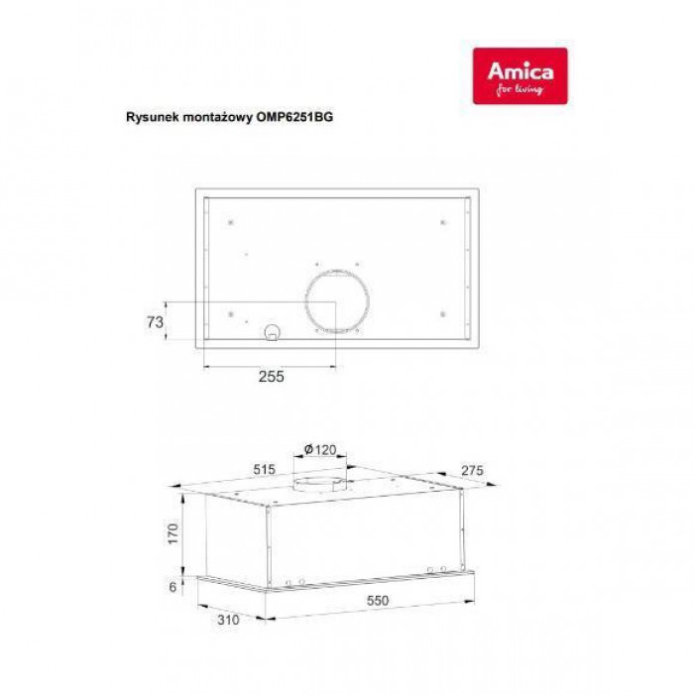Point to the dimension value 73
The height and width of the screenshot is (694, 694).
point(154,321)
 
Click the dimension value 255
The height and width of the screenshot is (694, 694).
point(272,376)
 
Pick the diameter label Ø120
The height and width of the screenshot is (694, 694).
point(319,449)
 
